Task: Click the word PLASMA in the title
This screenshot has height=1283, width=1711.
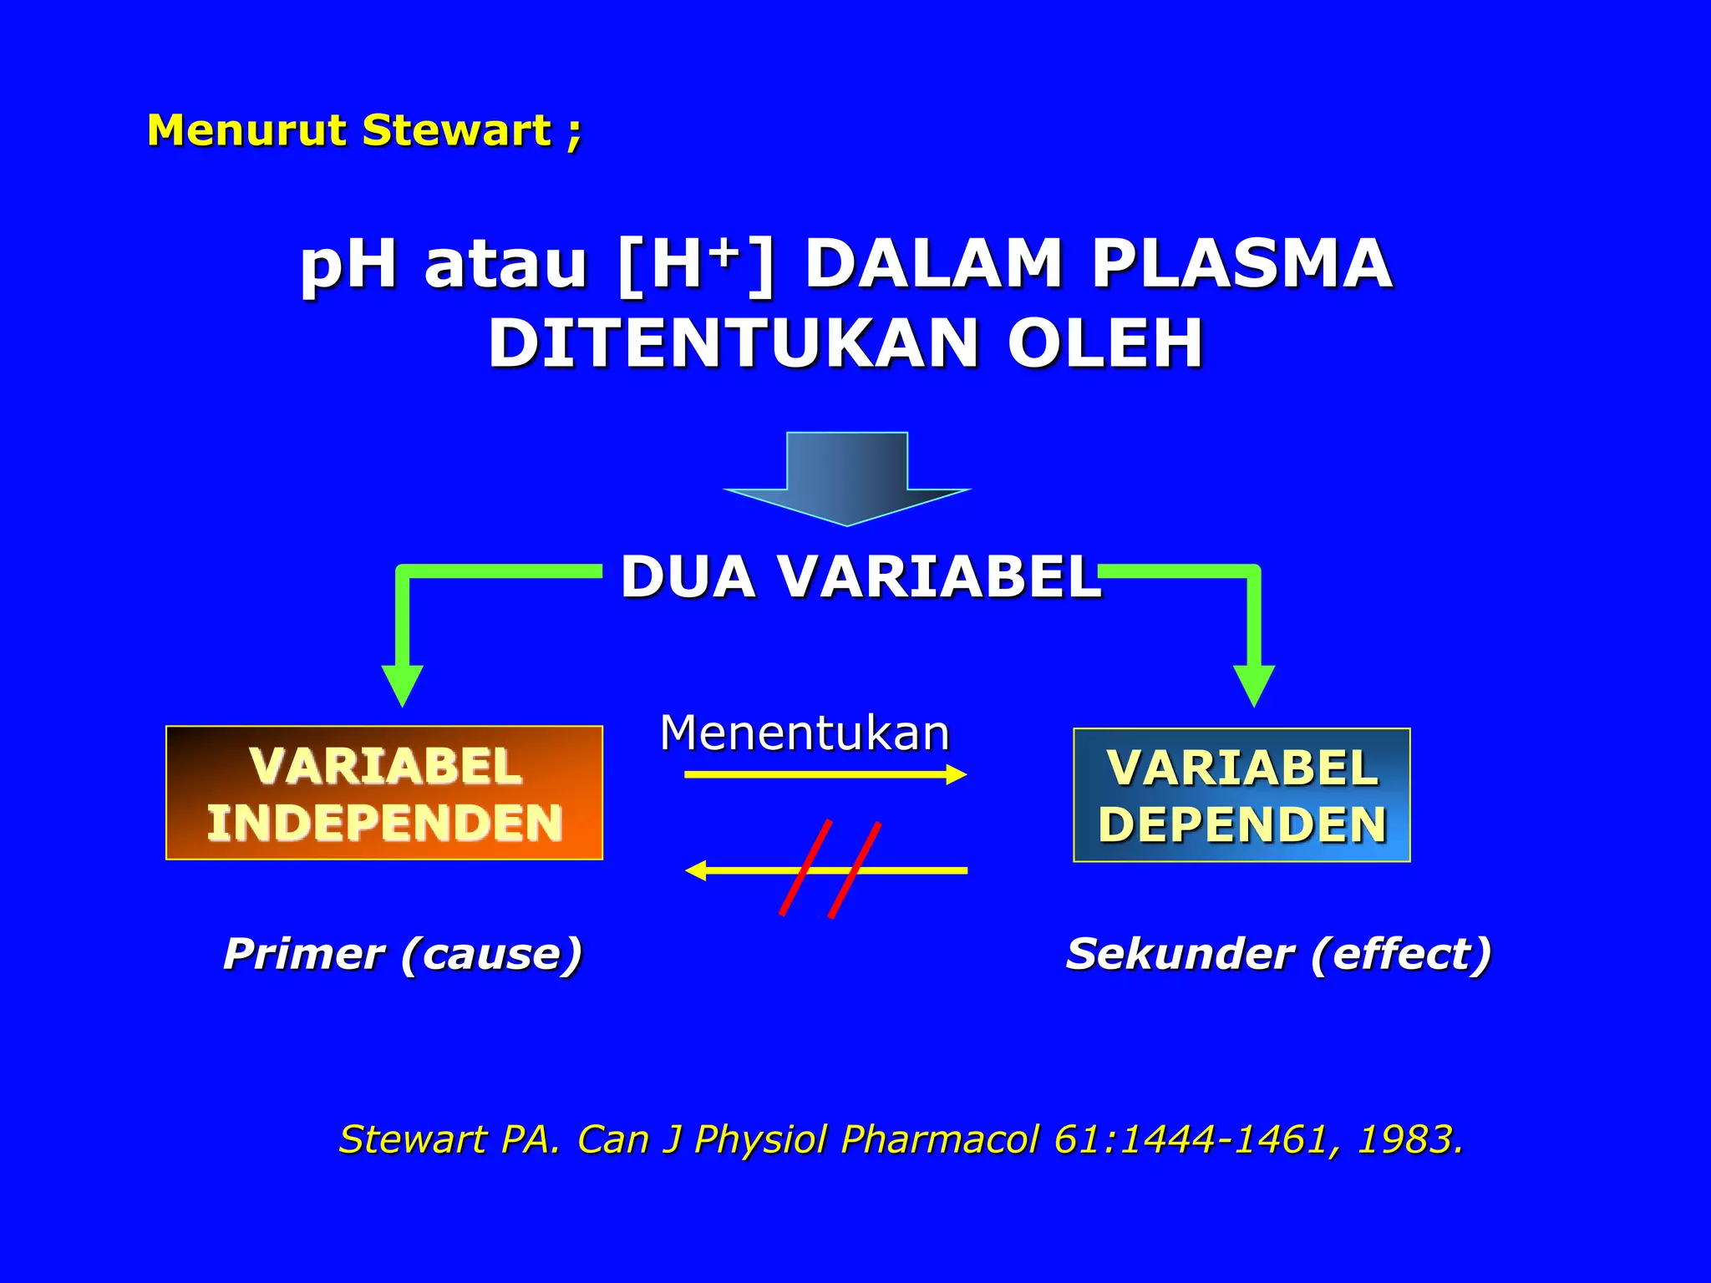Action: point(1241,264)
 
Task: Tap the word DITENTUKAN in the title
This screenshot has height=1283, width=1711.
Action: point(733,343)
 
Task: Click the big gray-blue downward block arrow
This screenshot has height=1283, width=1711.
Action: point(846,476)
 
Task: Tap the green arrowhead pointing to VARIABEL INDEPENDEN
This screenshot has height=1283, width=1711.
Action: point(402,685)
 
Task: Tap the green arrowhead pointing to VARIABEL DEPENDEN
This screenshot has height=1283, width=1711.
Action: point(1253,685)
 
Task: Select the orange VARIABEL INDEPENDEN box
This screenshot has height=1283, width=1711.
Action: point(384,793)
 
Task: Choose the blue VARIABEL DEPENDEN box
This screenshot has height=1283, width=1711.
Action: point(1241,795)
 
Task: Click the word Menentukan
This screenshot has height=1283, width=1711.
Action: point(805,733)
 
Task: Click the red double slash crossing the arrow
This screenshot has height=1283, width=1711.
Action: point(830,870)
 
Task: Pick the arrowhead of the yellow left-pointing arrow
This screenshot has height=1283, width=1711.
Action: point(695,870)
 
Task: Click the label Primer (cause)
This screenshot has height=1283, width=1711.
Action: point(402,954)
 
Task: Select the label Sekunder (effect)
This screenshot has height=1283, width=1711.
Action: point(1278,954)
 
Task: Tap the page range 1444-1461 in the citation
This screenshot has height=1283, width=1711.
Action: point(1223,1139)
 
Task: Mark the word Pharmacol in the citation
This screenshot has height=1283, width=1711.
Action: point(939,1139)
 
